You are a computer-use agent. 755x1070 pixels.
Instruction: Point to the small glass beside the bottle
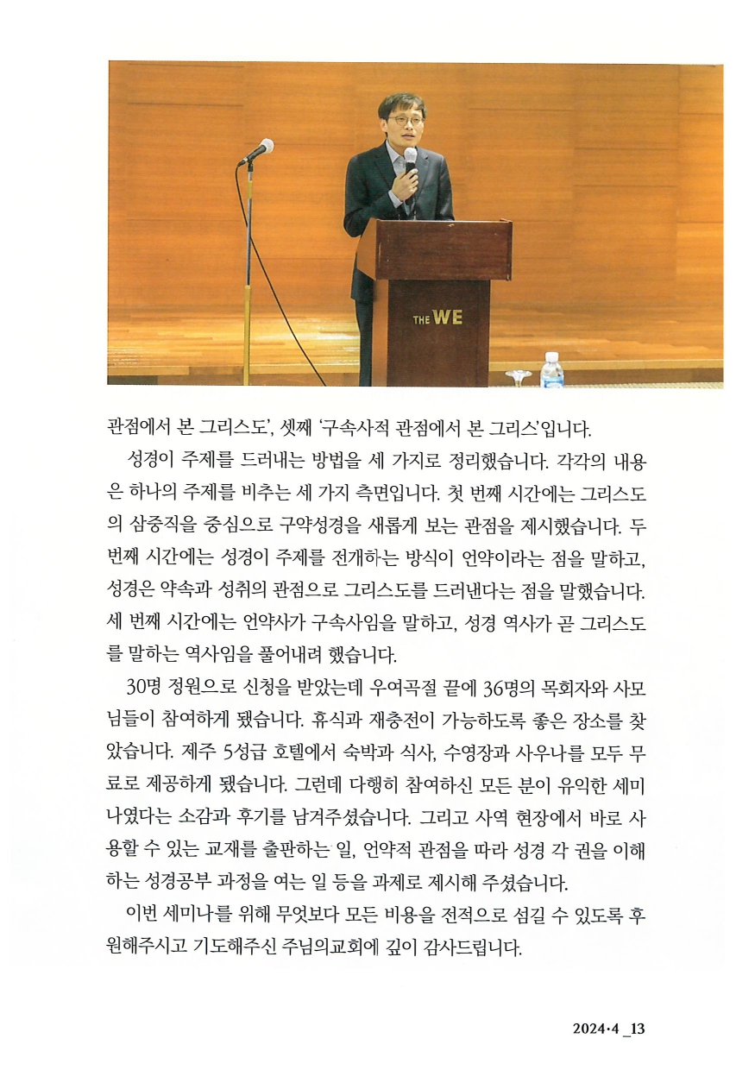519,377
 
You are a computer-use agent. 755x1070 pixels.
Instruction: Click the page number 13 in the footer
639,1029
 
